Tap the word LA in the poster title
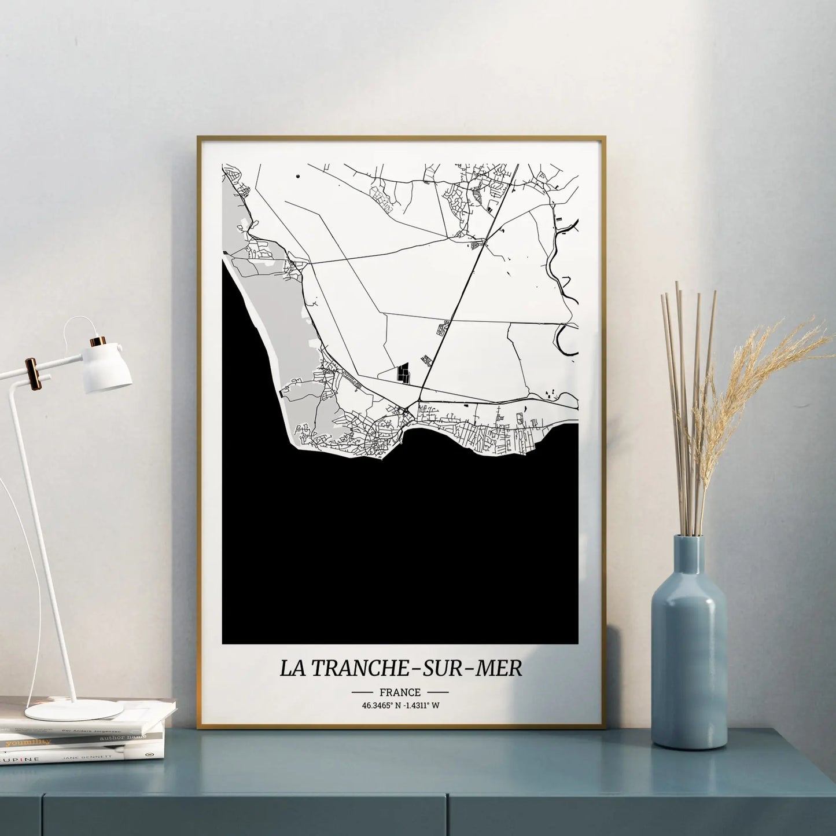294,668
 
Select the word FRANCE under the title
400,692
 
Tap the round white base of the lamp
75,709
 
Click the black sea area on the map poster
399,550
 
